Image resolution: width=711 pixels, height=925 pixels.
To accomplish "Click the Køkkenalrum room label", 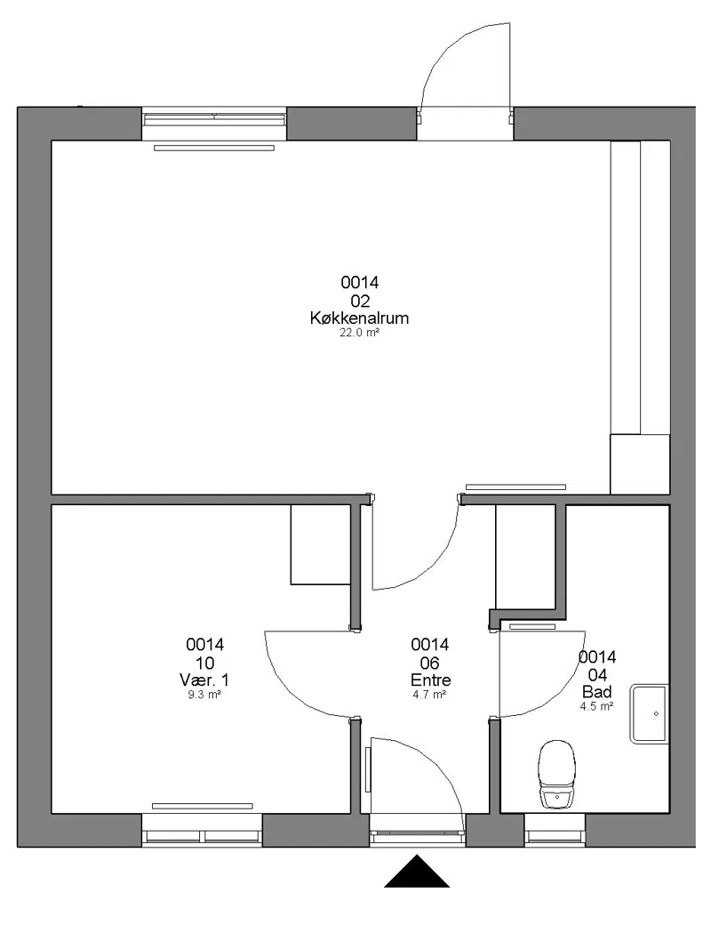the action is (x=359, y=318).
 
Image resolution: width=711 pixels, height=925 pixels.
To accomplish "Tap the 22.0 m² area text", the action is (x=359, y=333).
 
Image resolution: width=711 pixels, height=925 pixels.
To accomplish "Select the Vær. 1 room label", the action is (x=204, y=680).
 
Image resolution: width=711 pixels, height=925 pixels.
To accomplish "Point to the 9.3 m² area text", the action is (x=204, y=695).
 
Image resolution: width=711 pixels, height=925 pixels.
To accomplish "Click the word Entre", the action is (x=430, y=680).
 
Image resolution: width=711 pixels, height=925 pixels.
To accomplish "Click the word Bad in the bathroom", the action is (x=597, y=691).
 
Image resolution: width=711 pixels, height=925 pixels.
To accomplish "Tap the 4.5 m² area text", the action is (x=597, y=706).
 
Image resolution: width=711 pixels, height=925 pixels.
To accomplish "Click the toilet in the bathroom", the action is (x=556, y=774).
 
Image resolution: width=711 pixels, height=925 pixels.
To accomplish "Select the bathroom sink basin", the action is (x=649, y=713).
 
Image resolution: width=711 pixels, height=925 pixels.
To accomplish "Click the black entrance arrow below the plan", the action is (x=417, y=872).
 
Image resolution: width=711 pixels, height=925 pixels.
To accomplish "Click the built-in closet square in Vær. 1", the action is (x=322, y=544).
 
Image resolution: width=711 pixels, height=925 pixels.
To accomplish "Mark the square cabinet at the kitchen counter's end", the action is (x=640, y=464).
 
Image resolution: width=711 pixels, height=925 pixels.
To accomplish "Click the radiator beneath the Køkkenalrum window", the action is (x=214, y=148).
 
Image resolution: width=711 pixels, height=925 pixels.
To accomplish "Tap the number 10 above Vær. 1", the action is (x=204, y=663).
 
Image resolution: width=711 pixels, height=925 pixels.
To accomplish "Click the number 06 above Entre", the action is (x=430, y=663).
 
